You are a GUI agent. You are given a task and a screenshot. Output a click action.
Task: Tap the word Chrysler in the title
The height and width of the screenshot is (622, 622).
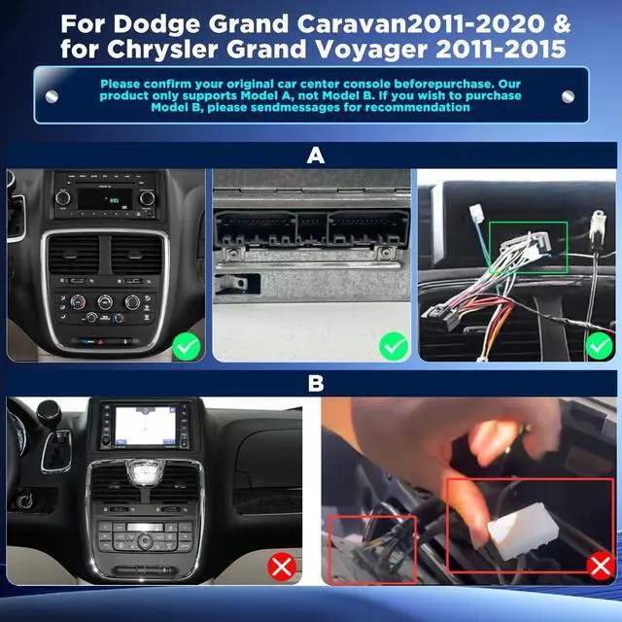pos(162,50)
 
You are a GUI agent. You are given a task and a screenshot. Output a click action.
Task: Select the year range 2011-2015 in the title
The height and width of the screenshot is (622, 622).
pos(501,49)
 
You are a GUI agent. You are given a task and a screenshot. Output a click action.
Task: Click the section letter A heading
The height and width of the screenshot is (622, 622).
pos(315,155)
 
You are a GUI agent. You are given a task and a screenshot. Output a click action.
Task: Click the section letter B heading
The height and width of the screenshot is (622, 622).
pos(316,384)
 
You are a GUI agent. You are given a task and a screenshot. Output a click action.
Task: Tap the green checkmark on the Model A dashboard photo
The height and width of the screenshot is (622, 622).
pos(187,346)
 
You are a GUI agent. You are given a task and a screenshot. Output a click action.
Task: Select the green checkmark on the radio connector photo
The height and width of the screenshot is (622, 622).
pos(394,346)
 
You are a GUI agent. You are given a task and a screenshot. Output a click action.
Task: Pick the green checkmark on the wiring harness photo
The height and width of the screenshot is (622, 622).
pos(600,346)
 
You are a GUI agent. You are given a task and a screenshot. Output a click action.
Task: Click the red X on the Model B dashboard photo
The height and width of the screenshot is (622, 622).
pos(282,567)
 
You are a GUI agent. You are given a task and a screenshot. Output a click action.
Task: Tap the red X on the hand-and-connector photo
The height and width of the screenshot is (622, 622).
pos(601,566)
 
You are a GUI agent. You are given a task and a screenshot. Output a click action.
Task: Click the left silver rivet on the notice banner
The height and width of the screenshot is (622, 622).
pos(52,96)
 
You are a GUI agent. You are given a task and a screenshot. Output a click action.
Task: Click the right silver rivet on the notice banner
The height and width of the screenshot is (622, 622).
pos(568,96)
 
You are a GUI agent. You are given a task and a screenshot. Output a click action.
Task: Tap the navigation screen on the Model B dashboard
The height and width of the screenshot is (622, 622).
pos(145,426)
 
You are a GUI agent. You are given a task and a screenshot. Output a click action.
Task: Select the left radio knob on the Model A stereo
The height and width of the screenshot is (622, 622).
pos(62,197)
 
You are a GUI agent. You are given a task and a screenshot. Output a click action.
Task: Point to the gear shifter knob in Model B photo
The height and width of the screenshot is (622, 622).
pos(49,412)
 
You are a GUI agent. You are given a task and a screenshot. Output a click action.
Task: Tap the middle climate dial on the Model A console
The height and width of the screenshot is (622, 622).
pos(105,302)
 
